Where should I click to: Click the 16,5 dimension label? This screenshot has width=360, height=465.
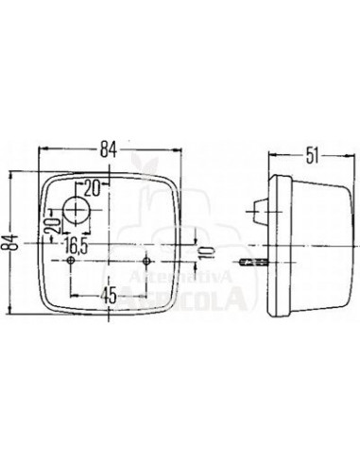pos(77,244)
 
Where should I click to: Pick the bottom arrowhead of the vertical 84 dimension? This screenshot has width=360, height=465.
pos(21,319)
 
